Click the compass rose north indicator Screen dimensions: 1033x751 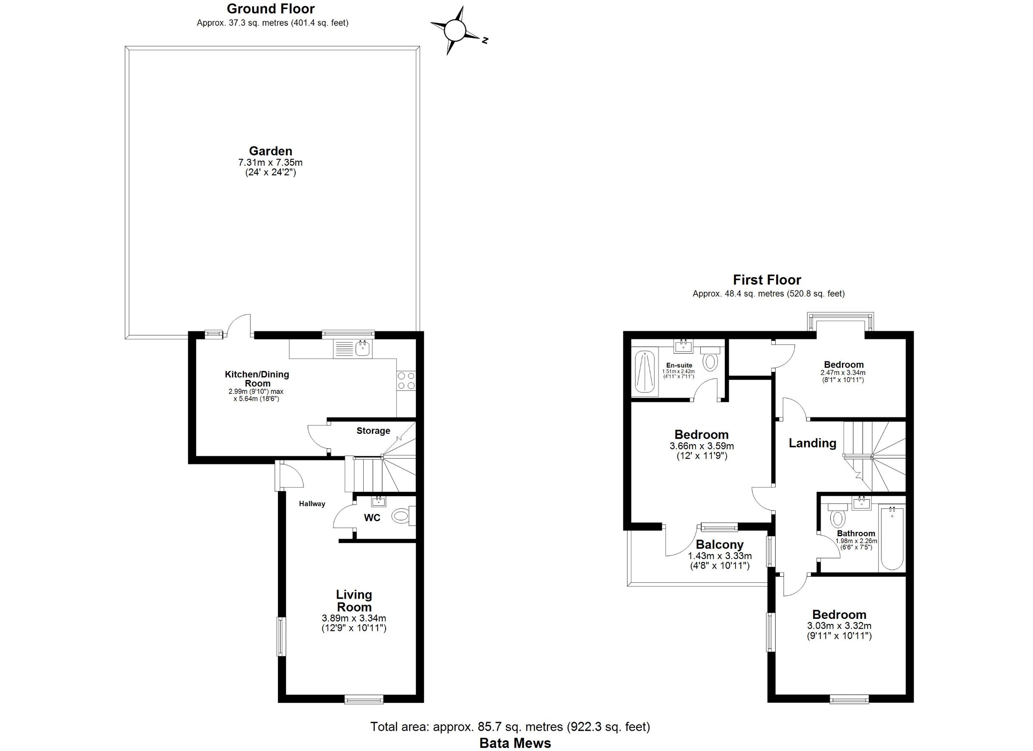pos(485,40)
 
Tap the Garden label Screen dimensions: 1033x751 pos(271,151)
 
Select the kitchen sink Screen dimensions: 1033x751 pos(363,349)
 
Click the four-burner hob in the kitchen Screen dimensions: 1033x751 pos(406,381)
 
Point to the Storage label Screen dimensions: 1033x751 pos(373,431)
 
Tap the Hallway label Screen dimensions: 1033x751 pos(312,504)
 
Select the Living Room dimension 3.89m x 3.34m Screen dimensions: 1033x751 pos(354,618)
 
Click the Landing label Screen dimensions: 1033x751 pos(813,443)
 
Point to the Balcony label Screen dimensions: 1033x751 pos(720,545)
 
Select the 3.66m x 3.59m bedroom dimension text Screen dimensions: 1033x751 pos(701,446)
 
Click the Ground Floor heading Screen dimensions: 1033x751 pos(271,9)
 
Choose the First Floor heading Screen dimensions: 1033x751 pos(767,280)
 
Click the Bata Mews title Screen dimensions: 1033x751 pos(515,743)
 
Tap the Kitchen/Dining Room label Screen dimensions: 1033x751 pos(257,379)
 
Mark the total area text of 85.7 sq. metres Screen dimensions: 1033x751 pos(510,727)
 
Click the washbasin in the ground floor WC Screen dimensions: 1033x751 pos(378,502)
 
